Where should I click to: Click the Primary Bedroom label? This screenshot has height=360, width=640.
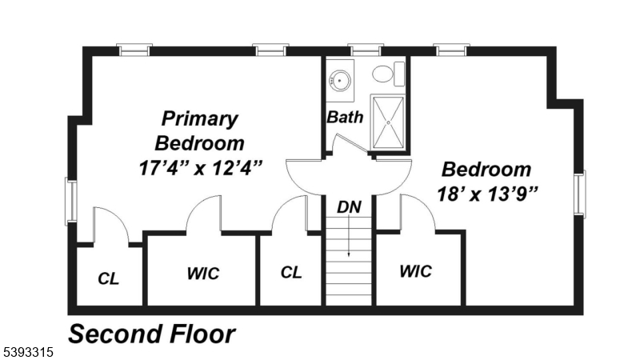click(199, 131)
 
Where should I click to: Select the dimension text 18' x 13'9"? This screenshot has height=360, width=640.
click(486, 193)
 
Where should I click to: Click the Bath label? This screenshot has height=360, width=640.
click(345, 117)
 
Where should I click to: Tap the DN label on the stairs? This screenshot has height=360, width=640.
click(349, 207)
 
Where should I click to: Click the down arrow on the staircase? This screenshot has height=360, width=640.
click(349, 240)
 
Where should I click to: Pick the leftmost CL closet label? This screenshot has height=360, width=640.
click(109, 278)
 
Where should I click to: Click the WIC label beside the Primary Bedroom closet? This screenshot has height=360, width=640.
click(203, 274)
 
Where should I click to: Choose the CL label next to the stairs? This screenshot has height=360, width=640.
click(291, 272)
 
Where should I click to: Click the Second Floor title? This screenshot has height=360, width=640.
click(151, 334)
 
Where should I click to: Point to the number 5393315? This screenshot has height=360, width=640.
click(28, 352)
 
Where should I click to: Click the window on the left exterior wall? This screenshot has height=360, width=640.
click(71, 202)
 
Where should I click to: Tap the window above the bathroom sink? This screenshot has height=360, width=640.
click(364, 50)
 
